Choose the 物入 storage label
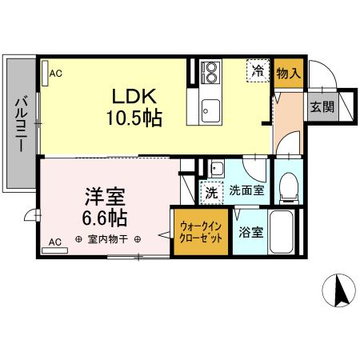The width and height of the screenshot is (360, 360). (288, 74)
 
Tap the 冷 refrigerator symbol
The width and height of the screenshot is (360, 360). (258, 70)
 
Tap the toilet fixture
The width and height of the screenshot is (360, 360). (288, 186)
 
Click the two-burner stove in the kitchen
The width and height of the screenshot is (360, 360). (210, 73)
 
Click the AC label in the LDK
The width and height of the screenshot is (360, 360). (56, 74)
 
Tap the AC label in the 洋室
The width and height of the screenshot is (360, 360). (55, 241)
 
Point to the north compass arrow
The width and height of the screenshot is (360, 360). (341, 290)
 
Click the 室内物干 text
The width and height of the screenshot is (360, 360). (108, 239)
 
